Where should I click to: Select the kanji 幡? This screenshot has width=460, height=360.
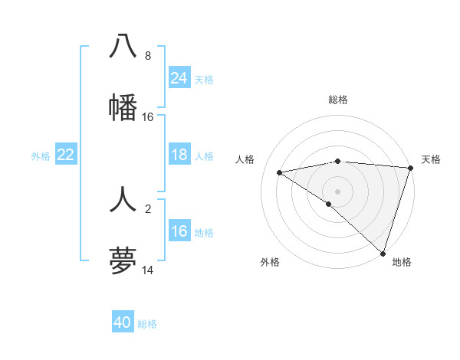tap(123, 106)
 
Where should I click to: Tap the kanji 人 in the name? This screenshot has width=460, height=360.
tap(123, 200)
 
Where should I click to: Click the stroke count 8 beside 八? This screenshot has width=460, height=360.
tap(148, 56)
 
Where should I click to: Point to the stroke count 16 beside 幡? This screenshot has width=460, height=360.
tap(148, 117)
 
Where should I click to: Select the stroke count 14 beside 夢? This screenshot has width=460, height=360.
tap(148, 270)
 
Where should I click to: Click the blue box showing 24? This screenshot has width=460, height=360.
tap(179, 77)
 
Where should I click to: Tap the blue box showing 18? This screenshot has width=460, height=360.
tap(179, 155)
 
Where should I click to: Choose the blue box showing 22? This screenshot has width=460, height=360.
tap(66, 155)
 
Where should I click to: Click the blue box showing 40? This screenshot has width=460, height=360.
tap(123, 322)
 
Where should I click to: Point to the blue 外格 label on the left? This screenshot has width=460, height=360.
tap(41, 156)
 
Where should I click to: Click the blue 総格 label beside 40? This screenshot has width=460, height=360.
tap(147, 324)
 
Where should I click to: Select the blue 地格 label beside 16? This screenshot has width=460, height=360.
tap(204, 233)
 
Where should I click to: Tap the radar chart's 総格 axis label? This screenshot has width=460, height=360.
tap(338, 100)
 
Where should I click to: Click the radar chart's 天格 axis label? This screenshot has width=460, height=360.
tap(431, 159)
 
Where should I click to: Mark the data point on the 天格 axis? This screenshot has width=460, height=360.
tap(410, 168)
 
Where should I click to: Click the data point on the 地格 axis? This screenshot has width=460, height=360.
tap(383, 253)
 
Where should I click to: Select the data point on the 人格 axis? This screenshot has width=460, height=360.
tap(280, 172)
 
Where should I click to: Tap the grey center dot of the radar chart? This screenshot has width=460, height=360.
tap(338, 191)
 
